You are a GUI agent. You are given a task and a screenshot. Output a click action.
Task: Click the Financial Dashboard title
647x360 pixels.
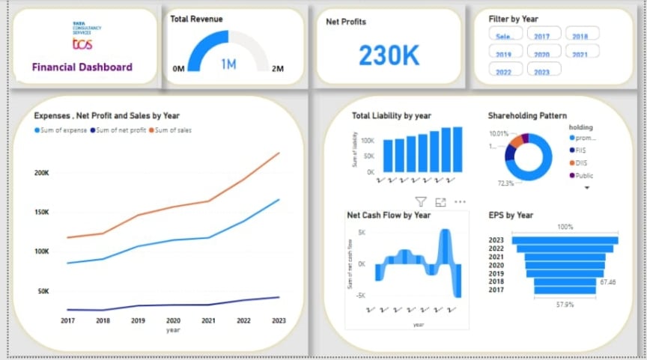click(x=82, y=67)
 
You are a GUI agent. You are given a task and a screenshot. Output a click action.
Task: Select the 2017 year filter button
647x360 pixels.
click(x=541, y=36)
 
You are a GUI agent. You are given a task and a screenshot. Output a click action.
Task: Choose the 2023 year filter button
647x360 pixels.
click(x=541, y=72)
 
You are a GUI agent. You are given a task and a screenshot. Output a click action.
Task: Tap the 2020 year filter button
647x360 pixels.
click(x=541, y=54)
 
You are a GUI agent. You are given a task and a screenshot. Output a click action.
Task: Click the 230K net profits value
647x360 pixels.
click(x=389, y=55)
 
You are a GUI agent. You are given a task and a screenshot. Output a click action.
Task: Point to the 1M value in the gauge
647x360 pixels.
click(x=228, y=64)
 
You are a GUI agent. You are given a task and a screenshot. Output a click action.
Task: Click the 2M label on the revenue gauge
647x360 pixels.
click(x=277, y=69)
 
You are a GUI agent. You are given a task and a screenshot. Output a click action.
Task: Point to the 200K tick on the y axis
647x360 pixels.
click(x=41, y=173)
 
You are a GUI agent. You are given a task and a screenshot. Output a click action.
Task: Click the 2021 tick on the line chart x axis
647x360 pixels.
click(x=207, y=320)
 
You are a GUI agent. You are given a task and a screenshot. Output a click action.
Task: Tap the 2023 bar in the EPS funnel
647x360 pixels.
click(x=565, y=240)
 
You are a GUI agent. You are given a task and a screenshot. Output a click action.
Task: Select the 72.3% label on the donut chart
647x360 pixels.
click(x=505, y=183)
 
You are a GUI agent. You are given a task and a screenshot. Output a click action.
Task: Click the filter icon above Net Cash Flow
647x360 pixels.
click(x=421, y=201)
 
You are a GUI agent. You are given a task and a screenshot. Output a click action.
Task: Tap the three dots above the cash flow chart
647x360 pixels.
click(x=460, y=201)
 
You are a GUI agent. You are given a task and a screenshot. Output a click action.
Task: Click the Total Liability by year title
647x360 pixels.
click(x=392, y=115)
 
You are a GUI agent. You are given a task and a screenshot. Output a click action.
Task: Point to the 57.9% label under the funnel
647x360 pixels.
click(x=565, y=305)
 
